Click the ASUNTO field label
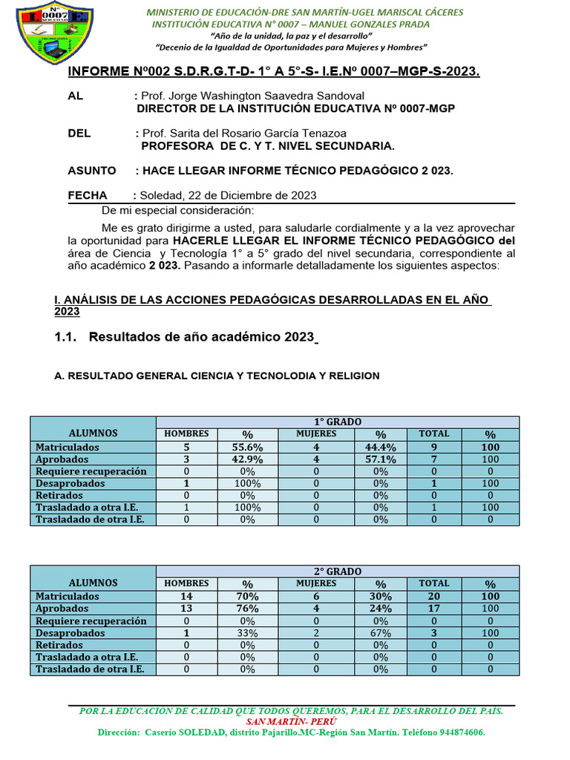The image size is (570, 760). click(x=92, y=171)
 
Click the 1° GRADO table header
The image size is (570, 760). click(x=337, y=422)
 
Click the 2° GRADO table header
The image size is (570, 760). click(x=337, y=571)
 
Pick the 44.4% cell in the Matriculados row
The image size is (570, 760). click(x=380, y=447)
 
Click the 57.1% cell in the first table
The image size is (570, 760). click(x=380, y=459)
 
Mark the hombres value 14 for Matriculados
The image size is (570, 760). click(x=186, y=596)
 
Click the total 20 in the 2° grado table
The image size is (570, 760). click(x=434, y=596)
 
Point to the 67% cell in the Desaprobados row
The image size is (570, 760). click(x=380, y=632)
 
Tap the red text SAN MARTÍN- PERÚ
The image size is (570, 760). click(x=291, y=721)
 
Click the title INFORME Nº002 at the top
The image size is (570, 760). click(x=274, y=71)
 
